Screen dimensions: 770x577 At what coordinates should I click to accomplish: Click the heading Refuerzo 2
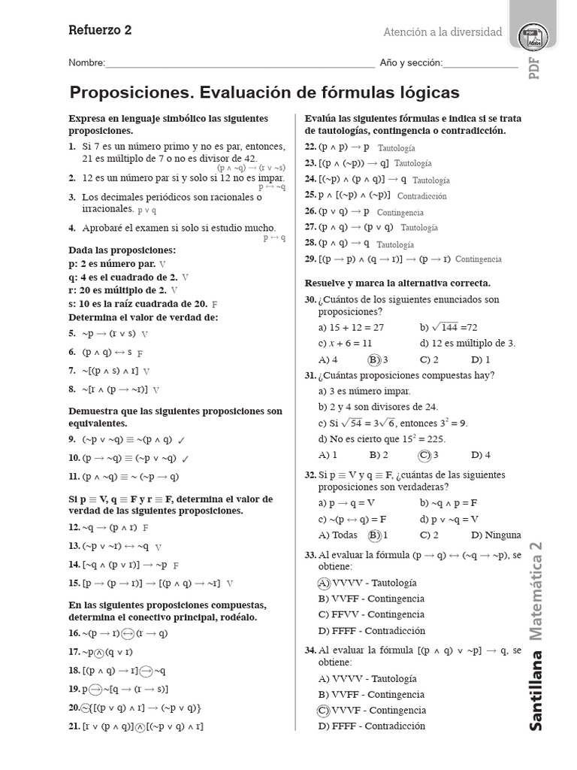[100, 31]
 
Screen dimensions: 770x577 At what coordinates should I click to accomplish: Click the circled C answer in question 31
[424, 455]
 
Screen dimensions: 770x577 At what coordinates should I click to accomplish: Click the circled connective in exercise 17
[100, 652]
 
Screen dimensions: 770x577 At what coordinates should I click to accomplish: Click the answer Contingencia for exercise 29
[478, 259]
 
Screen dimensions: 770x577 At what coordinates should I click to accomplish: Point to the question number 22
[310, 147]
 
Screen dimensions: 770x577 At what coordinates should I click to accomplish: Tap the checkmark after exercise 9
[182, 440]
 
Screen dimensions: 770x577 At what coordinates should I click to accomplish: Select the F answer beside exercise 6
[140, 353]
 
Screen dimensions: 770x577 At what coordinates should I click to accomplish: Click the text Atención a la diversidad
[443, 32]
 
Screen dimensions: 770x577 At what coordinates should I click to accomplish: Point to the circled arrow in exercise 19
[95, 689]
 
